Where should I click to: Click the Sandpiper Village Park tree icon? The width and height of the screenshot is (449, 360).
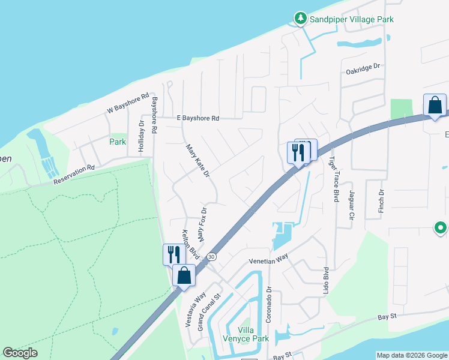[300, 19]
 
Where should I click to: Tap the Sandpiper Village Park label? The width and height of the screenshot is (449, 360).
[352, 19]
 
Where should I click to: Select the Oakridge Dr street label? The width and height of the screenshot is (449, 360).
[364, 70]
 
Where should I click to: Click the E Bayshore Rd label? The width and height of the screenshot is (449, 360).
[198, 118]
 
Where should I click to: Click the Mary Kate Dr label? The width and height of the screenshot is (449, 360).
[197, 160]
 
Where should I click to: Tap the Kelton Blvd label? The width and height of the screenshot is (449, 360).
[190, 245]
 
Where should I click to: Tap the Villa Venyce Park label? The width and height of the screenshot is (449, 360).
[245, 334]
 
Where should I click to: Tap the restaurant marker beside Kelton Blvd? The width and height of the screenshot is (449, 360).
[172, 254]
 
